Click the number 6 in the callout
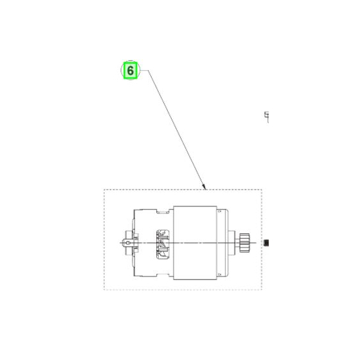(x=130, y=71)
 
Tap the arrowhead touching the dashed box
(x=204, y=186)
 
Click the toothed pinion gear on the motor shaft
(x=244, y=243)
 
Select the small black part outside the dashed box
(x=266, y=243)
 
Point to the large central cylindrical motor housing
(x=195, y=243)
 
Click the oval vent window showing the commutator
(x=163, y=244)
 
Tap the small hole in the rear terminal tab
(x=129, y=243)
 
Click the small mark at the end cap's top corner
(x=219, y=212)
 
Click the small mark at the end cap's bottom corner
(x=219, y=274)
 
